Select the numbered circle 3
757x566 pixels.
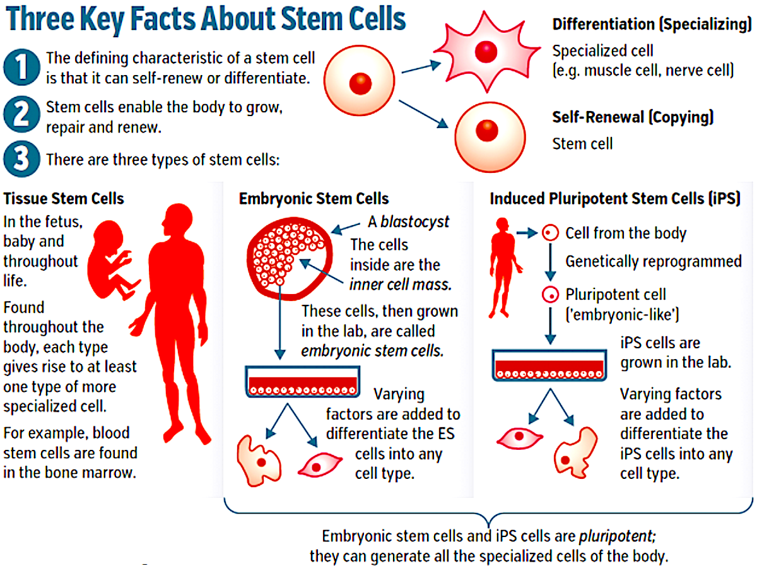(21, 160)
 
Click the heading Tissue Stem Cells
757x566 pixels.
(64, 199)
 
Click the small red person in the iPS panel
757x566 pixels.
(503, 266)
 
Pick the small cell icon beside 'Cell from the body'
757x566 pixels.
(551, 233)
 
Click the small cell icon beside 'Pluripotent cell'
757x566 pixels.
(551, 294)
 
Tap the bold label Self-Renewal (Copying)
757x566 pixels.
(633, 117)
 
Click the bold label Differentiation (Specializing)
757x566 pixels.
(649, 25)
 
